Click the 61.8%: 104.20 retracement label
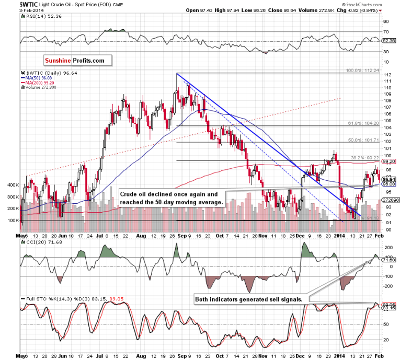361,123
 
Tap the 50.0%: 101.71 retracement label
361,140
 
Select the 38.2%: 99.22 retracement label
362,157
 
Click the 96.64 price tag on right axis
388,179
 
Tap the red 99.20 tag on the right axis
388,162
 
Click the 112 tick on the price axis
388,75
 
